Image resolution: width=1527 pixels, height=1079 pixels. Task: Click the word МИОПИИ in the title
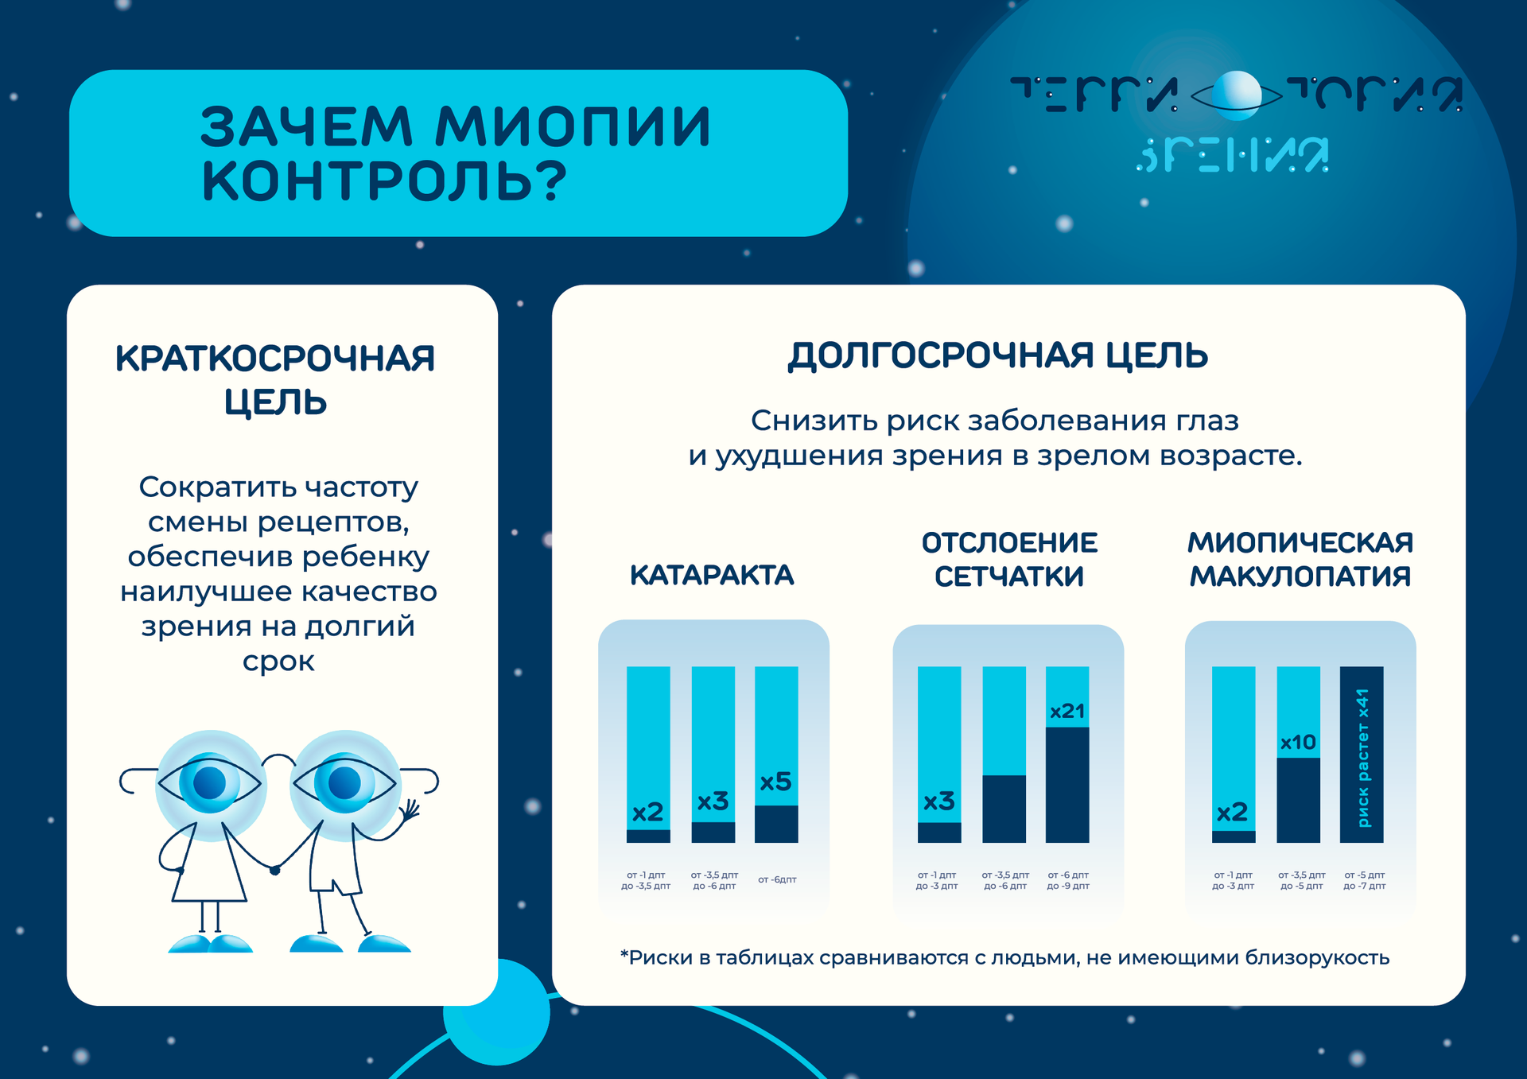pyautogui.click(x=573, y=126)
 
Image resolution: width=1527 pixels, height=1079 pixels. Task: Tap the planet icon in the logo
pyautogui.click(x=1236, y=95)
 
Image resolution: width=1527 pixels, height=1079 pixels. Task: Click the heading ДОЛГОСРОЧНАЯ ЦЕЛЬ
pyautogui.click(x=998, y=355)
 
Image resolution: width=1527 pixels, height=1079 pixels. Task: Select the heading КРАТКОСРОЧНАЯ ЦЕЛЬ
pyautogui.click(x=275, y=380)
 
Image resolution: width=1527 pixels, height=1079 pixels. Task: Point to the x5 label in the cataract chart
pyautogui.click(x=775, y=782)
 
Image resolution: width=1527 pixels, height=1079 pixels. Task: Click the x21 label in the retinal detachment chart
pyautogui.click(x=1067, y=711)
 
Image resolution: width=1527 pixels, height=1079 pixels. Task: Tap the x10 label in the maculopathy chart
pyautogui.click(x=1298, y=743)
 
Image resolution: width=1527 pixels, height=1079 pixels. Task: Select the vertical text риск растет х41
pyautogui.click(x=1363, y=758)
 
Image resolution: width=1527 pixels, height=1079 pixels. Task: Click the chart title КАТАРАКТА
pyautogui.click(x=712, y=575)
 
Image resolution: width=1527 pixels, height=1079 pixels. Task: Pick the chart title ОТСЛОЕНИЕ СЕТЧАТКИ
pyautogui.click(x=1009, y=560)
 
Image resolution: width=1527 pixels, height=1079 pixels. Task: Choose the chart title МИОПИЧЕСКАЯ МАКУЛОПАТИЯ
pyautogui.click(x=1300, y=559)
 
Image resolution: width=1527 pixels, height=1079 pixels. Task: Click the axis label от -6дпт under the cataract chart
pyautogui.click(x=777, y=879)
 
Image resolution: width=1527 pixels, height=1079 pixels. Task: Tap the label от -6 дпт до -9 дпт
pyautogui.click(x=1068, y=880)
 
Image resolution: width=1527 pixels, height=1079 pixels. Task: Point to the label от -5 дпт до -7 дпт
pyautogui.click(x=1365, y=880)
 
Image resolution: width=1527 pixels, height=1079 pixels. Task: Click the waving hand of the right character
pyautogui.click(x=409, y=811)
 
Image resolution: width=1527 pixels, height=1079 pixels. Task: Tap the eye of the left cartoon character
pyautogui.click(x=210, y=783)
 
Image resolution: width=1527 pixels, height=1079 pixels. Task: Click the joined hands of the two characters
pyautogui.click(x=274, y=870)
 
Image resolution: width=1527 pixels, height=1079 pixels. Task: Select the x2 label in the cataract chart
pyautogui.click(x=647, y=812)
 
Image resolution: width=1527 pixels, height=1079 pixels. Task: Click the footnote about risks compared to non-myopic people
pyautogui.click(x=1004, y=958)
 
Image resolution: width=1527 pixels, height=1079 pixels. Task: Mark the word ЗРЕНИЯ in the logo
pyautogui.click(x=1232, y=155)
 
